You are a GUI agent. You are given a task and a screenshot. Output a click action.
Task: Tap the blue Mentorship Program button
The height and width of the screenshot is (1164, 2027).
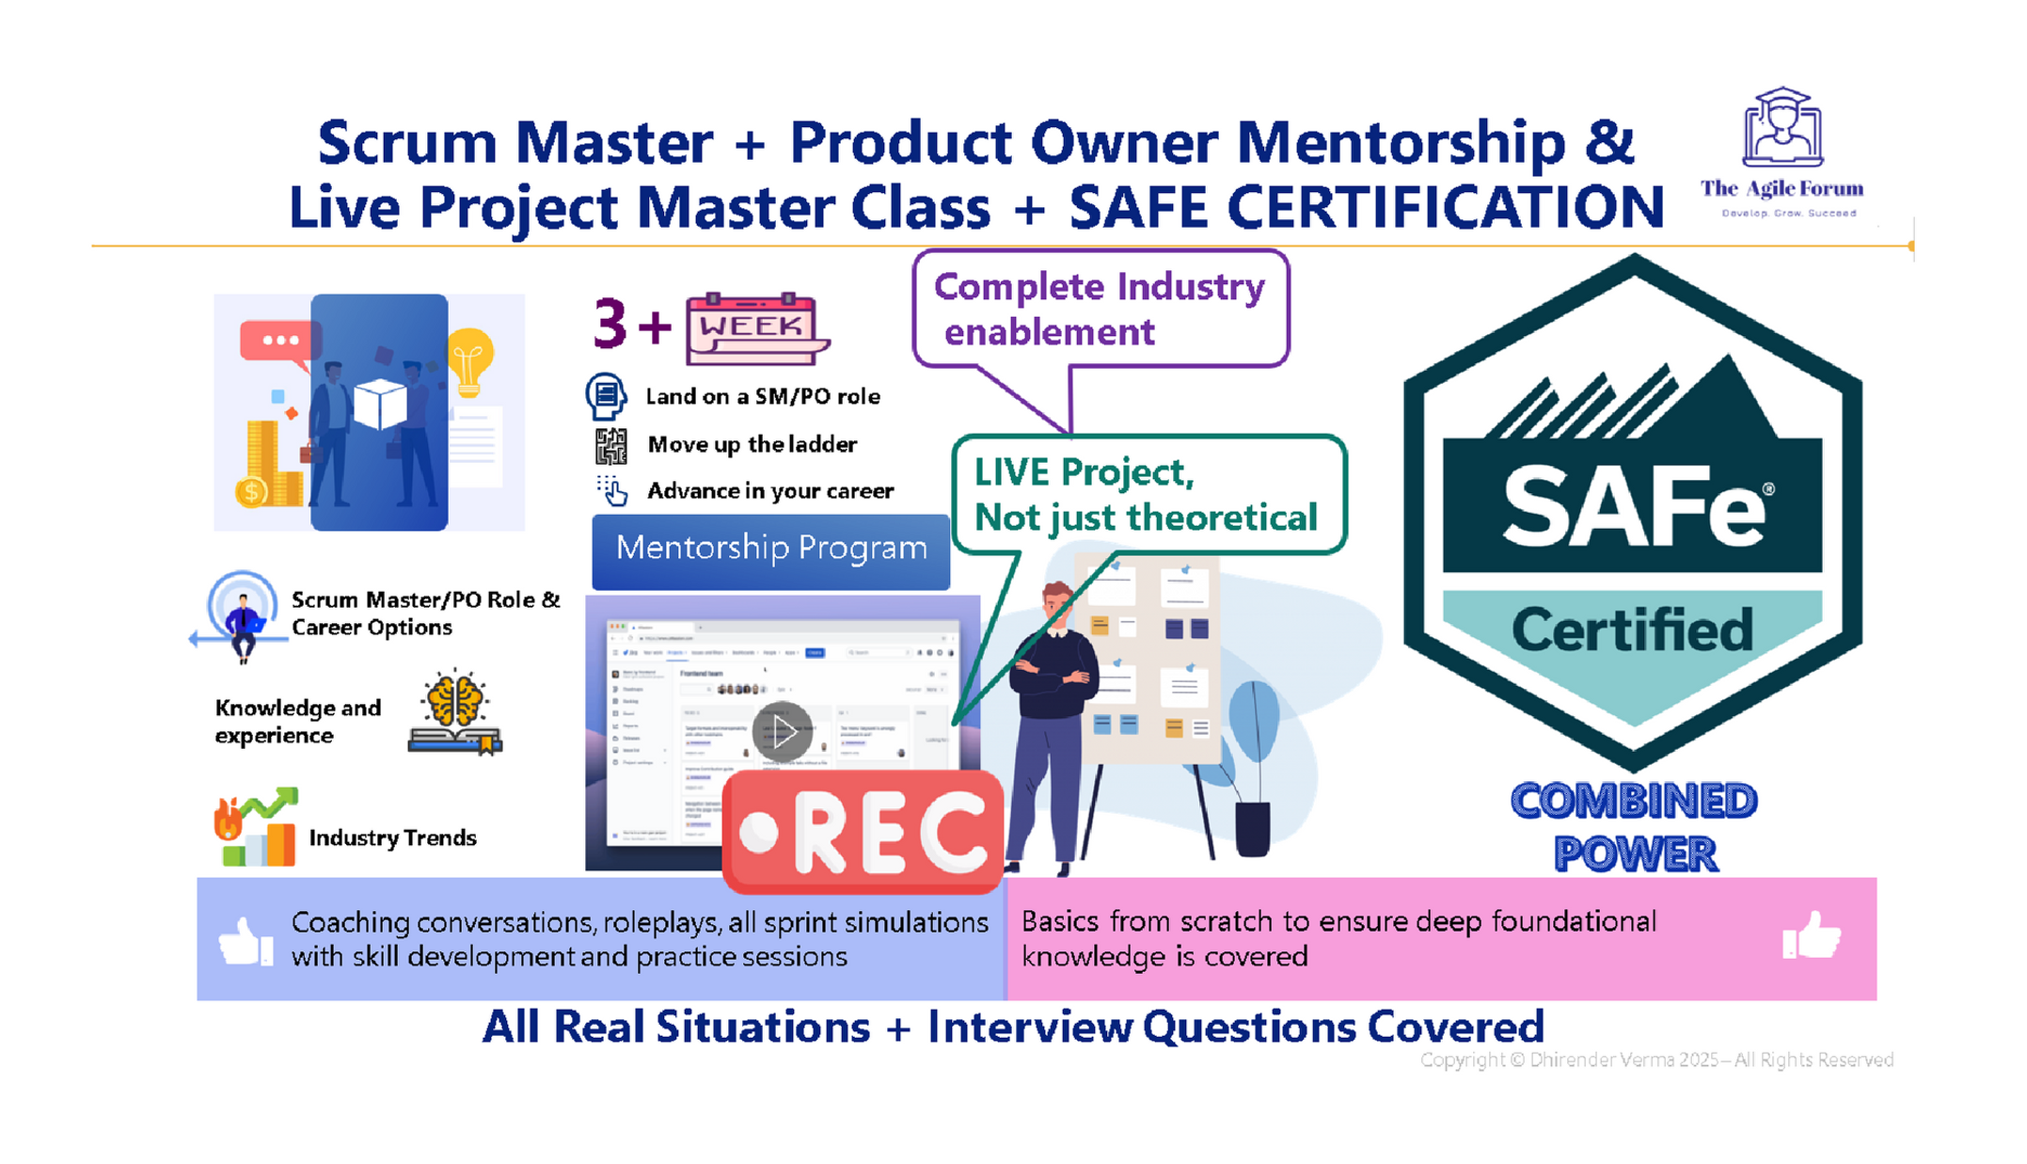point(770,549)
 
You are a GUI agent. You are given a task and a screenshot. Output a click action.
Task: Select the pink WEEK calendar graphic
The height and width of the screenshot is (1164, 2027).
point(755,328)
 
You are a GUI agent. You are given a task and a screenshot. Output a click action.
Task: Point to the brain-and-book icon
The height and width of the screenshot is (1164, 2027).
point(455,712)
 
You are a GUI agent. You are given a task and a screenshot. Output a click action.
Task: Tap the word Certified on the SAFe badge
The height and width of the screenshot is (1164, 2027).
point(1632,630)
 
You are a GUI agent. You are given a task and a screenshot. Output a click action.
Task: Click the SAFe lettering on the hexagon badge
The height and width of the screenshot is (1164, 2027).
point(1632,507)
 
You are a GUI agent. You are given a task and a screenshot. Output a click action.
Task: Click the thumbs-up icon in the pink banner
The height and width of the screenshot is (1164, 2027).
point(1811,935)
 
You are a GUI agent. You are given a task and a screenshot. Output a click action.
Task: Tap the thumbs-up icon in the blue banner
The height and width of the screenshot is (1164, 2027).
point(245,940)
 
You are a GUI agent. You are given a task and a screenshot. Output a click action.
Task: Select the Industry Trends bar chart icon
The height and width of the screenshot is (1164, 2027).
point(256,827)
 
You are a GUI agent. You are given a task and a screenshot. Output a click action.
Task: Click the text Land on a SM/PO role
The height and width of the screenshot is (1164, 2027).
point(762,396)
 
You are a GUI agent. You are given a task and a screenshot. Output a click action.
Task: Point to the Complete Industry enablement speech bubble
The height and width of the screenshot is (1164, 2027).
point(1100,309)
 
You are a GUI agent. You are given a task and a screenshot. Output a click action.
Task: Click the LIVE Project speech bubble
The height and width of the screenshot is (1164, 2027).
point(1148,494)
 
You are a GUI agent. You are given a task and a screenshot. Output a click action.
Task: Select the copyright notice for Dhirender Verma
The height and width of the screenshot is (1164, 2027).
point(1655,1060)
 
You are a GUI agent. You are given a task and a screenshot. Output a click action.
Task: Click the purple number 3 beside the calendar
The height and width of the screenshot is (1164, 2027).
point(610,325)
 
